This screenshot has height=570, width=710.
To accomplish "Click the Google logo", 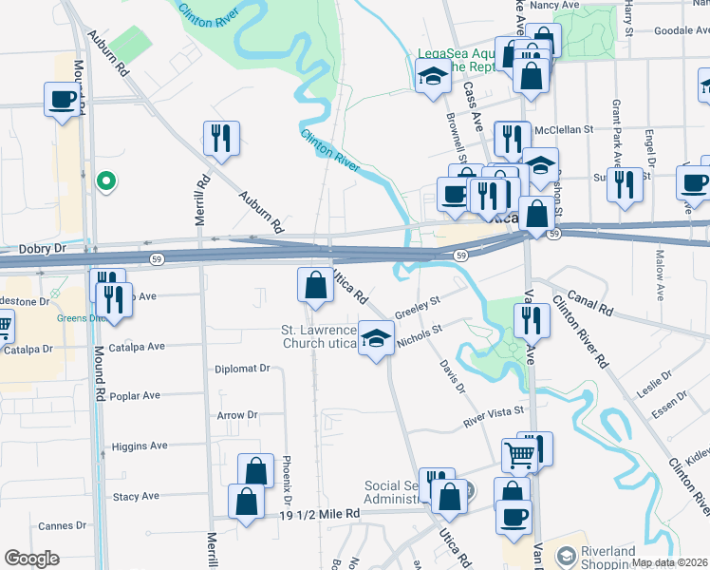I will point(31,559).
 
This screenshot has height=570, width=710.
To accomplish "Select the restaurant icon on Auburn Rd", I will point(221,139).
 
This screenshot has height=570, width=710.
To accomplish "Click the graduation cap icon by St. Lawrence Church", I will point(377,339).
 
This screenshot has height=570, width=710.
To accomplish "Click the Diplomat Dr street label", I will point(242,369).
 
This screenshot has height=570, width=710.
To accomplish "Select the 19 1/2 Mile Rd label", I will point(321,514).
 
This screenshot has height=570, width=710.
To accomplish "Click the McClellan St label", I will point(564,129).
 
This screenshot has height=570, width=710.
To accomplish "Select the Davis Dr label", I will point(452,376).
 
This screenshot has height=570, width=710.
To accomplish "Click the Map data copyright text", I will point(668,562).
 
